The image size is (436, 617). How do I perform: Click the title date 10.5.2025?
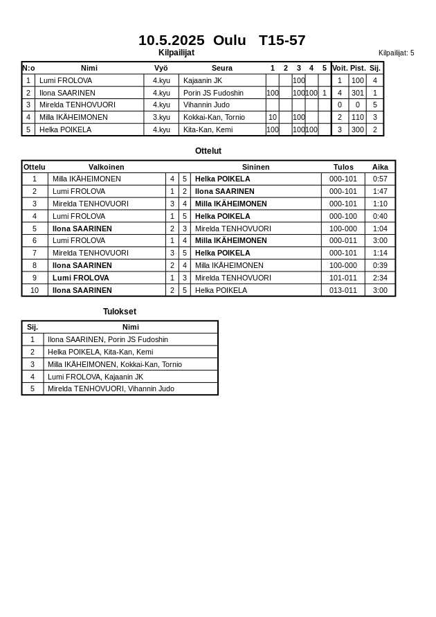click(171, 40)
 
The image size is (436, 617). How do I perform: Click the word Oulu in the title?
click(229, 40)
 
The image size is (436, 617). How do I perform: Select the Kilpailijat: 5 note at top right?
click(396, 53)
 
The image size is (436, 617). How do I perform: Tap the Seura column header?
click(221, 68)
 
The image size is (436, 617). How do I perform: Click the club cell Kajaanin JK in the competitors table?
click(202, 80)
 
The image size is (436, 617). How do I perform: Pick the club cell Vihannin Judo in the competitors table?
click(206, 105)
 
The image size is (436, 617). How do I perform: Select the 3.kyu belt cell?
click(161, 118)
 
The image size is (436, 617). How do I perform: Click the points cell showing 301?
click(357, 93)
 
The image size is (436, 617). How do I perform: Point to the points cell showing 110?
click(357, 118)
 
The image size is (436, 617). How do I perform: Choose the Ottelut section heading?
click(208, 151)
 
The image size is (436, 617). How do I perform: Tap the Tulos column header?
click(343, 167)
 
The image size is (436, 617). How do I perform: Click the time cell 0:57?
click(380, 179)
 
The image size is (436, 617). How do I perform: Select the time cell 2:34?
click(380, 278)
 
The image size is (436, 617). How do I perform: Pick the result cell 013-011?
click(343, 290)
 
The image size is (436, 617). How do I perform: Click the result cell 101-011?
click(343, 278)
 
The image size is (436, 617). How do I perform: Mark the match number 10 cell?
click(35, 290)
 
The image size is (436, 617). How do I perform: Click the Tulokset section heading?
click(120, 312)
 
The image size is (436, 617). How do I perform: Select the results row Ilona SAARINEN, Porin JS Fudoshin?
click(108, 339)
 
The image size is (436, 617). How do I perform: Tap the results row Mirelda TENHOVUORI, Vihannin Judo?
click(111, 388)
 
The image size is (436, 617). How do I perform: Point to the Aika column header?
click(380, 167)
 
